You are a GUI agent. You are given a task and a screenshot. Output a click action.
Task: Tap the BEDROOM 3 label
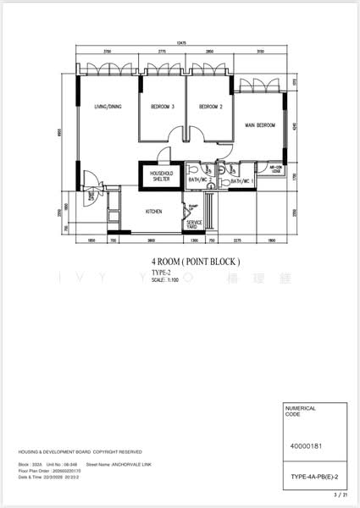coord(163,107)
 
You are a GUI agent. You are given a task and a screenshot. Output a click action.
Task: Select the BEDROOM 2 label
coord(210,107)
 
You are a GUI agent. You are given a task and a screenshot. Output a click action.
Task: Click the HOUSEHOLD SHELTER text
coord(162,176)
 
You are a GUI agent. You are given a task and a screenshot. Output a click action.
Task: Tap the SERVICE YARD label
coord(195,225)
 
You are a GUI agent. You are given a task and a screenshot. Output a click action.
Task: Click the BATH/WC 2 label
coord(200,180)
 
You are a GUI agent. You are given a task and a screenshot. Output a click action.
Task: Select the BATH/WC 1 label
coord(242,181)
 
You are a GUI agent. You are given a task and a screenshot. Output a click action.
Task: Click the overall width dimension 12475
coord(181,42)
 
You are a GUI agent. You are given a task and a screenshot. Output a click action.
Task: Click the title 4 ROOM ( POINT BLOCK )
coord(196,262)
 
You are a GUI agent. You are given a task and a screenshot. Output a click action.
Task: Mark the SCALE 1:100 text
coord(166,280)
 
